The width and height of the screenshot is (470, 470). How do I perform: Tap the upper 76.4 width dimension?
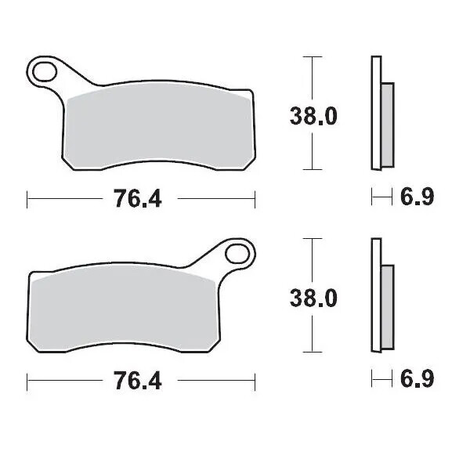click(x=138, y=200)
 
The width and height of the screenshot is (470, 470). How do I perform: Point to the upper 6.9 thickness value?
click(x=417, y=198)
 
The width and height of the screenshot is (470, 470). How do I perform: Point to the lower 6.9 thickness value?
click(x=417, y=380)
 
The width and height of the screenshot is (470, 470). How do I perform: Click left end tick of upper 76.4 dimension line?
click(x=28, y=200)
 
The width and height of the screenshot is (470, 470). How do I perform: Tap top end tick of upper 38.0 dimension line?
click(x=313, y=58)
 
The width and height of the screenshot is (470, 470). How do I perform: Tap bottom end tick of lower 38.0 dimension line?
click(x=313, y=351)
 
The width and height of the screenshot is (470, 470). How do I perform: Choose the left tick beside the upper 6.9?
click(x=373, y=199)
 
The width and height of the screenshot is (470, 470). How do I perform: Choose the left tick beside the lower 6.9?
click(x=373, y=380)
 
